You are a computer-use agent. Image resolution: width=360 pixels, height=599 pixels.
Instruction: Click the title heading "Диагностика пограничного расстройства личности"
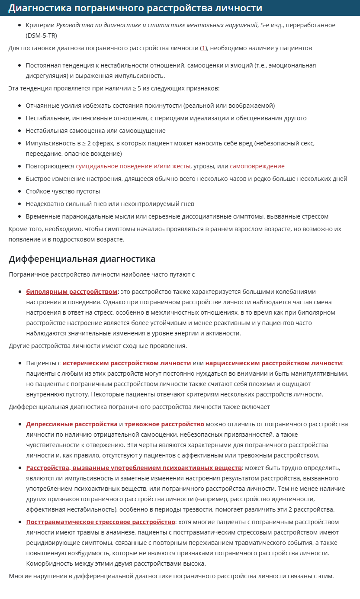pos(135,8)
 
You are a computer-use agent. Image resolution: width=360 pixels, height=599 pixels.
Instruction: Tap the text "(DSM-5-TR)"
pos(42,35)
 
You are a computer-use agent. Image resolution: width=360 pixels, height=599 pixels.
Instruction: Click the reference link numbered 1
pos(203,48)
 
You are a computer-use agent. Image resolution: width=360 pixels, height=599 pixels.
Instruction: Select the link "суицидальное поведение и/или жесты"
pos(133,166)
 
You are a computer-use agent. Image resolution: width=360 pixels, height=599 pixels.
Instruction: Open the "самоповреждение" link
pos(257,166)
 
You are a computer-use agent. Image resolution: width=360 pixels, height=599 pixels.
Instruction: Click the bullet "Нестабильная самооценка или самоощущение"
pos(95,130)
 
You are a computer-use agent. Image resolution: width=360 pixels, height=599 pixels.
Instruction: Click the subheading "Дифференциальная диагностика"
pos(82,259)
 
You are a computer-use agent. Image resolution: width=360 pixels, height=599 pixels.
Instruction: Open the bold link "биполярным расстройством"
pos(71,292)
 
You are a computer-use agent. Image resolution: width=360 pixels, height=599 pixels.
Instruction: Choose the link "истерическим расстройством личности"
pos(127,363)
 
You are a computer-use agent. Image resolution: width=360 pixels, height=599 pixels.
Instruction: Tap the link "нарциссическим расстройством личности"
pos(273,363)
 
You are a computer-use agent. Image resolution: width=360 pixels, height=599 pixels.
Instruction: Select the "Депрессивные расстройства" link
pos(72,424)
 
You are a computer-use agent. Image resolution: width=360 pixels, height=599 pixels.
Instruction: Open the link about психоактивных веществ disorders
pos(134,468)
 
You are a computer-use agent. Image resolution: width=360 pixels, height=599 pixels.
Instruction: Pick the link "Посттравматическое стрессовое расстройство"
pos(100,522)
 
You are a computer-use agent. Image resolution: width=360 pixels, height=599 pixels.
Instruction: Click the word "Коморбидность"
pos(48,564)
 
